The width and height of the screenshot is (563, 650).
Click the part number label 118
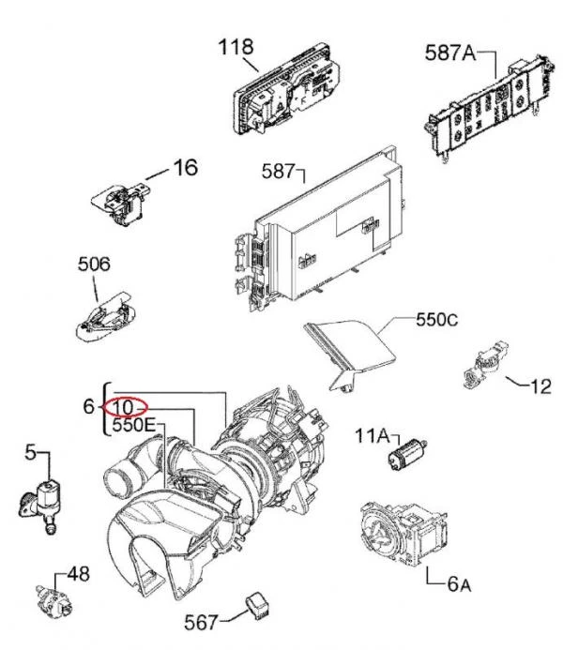pyautogui.click(x=236, y=47)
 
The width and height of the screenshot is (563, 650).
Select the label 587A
pyautogui.click(x=450, y=53)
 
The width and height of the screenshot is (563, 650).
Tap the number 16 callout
pyautogui.click(x=185, y=168)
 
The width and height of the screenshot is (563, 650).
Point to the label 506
pyautogui.click(x=94, y=265)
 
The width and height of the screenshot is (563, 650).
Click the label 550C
pyautogui.click(x=437, y=320)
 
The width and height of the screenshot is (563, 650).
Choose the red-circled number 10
pyautogui.click(x=123, y=407)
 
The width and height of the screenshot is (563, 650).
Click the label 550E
pyautogui.click(x=133, y=425)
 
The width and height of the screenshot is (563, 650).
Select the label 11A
pyautogui.click(x=373, y=436)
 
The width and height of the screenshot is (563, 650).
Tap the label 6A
pyautogui.click(x=460, y=584)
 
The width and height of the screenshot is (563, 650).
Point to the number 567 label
pyautogui.click(x=201, y=622)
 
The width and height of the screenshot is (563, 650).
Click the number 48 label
pyautogui.click(x=79, y=574)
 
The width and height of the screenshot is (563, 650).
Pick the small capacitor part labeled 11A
pyautogui.click(x=406, y=454)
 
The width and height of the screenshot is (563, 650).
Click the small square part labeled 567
pyautogui.click(x=257, y=605)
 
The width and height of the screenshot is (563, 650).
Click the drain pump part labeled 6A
pyautogui.click(x=403, y=534)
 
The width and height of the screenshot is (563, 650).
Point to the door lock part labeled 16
pyautogui.click(x=121, y=204)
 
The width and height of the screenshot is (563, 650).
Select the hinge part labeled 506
pyautogui.click(x=106, y=317)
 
